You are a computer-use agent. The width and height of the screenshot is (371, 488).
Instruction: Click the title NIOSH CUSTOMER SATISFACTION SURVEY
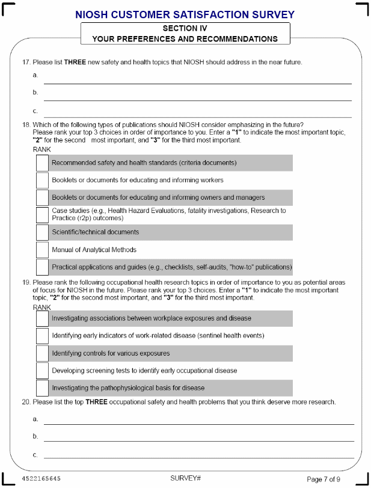click(x=185, y=14)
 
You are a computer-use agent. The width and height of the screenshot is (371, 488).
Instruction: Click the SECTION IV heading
click(x=185, y=28)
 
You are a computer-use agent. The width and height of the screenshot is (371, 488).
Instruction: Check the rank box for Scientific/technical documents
click(x=42, y=232)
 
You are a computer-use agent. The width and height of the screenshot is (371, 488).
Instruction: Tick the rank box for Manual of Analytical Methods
click(x=42, y=250)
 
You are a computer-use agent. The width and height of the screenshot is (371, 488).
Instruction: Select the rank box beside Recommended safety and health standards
click(x=42, y=163)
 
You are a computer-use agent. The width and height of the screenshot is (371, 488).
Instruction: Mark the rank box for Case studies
click(x=42, y=215)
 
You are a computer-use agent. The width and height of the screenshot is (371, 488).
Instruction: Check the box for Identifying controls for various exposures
click(x=42, y=353)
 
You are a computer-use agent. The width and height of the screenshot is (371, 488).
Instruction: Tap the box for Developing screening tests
click(x=42, y=371)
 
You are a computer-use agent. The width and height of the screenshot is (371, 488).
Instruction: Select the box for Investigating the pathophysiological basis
click(x=42, y=388)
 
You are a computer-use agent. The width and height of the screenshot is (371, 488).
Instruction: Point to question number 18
click(x=26, y=125)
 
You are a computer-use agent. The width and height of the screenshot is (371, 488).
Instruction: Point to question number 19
click(x=26, y=282)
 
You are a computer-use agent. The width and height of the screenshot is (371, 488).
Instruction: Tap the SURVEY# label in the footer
click(x=185, y=478)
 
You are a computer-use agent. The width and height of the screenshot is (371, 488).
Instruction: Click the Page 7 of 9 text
click(x=323, y=479)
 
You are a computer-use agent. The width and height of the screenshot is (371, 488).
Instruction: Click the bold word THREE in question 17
click(x=74, y=62)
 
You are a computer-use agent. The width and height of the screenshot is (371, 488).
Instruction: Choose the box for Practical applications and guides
click(x=42, y=267)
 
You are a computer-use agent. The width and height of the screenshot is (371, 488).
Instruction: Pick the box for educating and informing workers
click(x=42, y=181)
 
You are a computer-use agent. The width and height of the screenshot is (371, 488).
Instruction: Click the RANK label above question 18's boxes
click(x=42, y=149)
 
